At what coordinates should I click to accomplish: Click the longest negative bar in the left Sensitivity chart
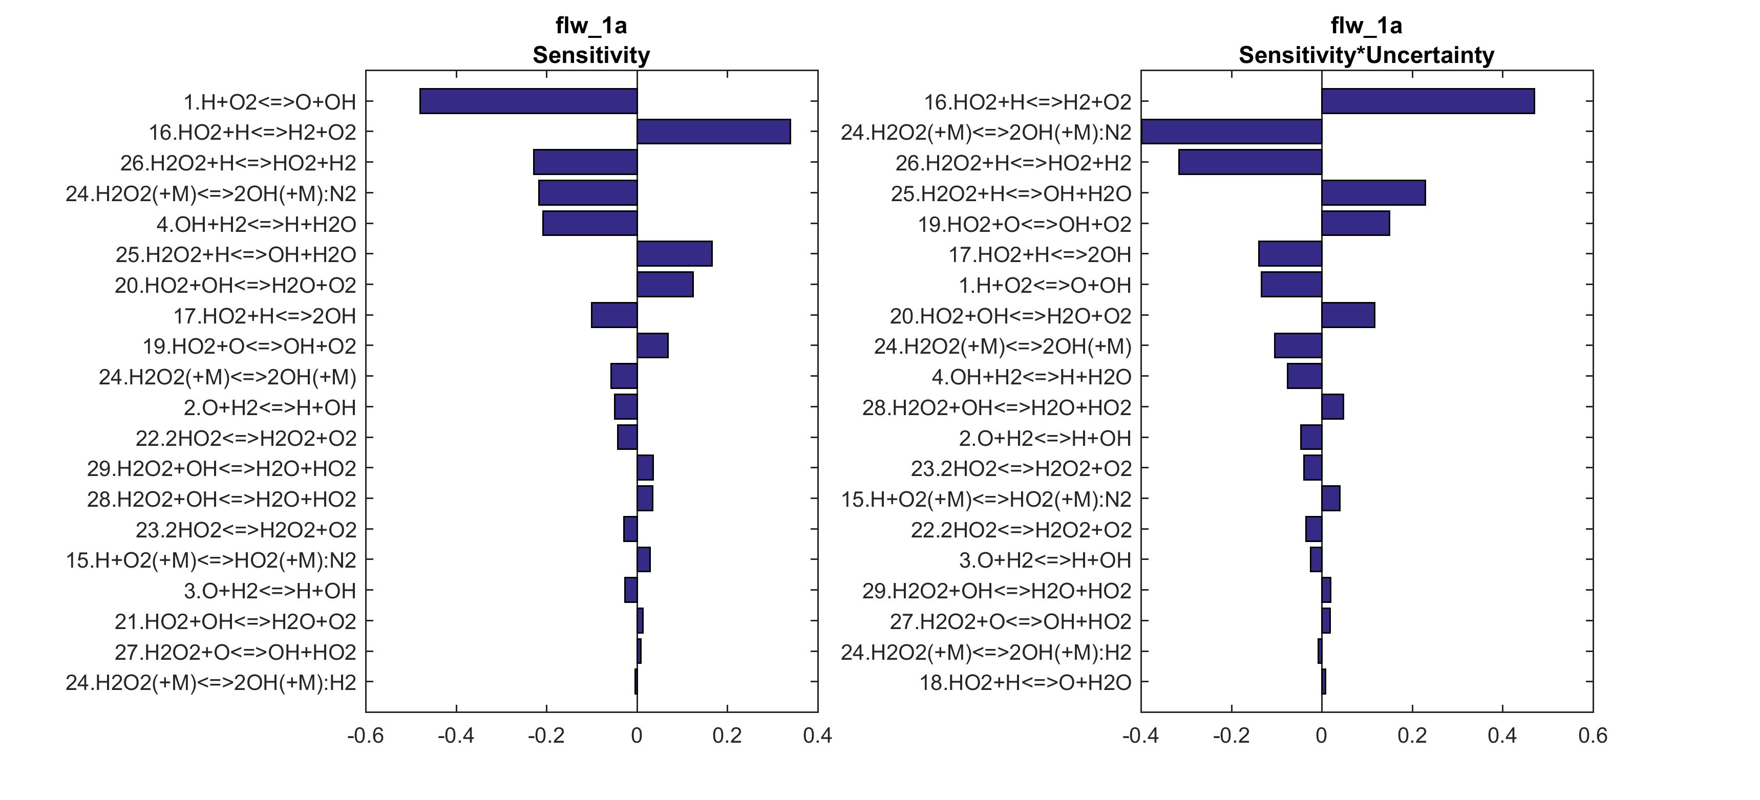pos(528,101)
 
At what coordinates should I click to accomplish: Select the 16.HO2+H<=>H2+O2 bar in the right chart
pos(1428,101)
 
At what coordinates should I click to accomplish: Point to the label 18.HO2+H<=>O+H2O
pos(1025,682)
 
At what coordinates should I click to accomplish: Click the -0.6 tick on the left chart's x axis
pos(366,736)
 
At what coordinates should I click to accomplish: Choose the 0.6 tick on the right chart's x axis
pos(1593,736)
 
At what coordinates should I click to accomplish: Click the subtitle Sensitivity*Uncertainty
pos(1366,55)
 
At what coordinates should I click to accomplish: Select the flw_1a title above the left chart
pos(591,26)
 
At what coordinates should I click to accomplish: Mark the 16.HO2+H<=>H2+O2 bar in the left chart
pos(713,132)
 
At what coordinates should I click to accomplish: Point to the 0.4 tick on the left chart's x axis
pos(818,736)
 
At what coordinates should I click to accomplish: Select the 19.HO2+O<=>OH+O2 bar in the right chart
pos(1355,223)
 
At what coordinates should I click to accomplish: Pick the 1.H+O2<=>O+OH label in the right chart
pos(1045,286)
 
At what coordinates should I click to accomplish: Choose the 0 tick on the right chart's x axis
pos(1321,736)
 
